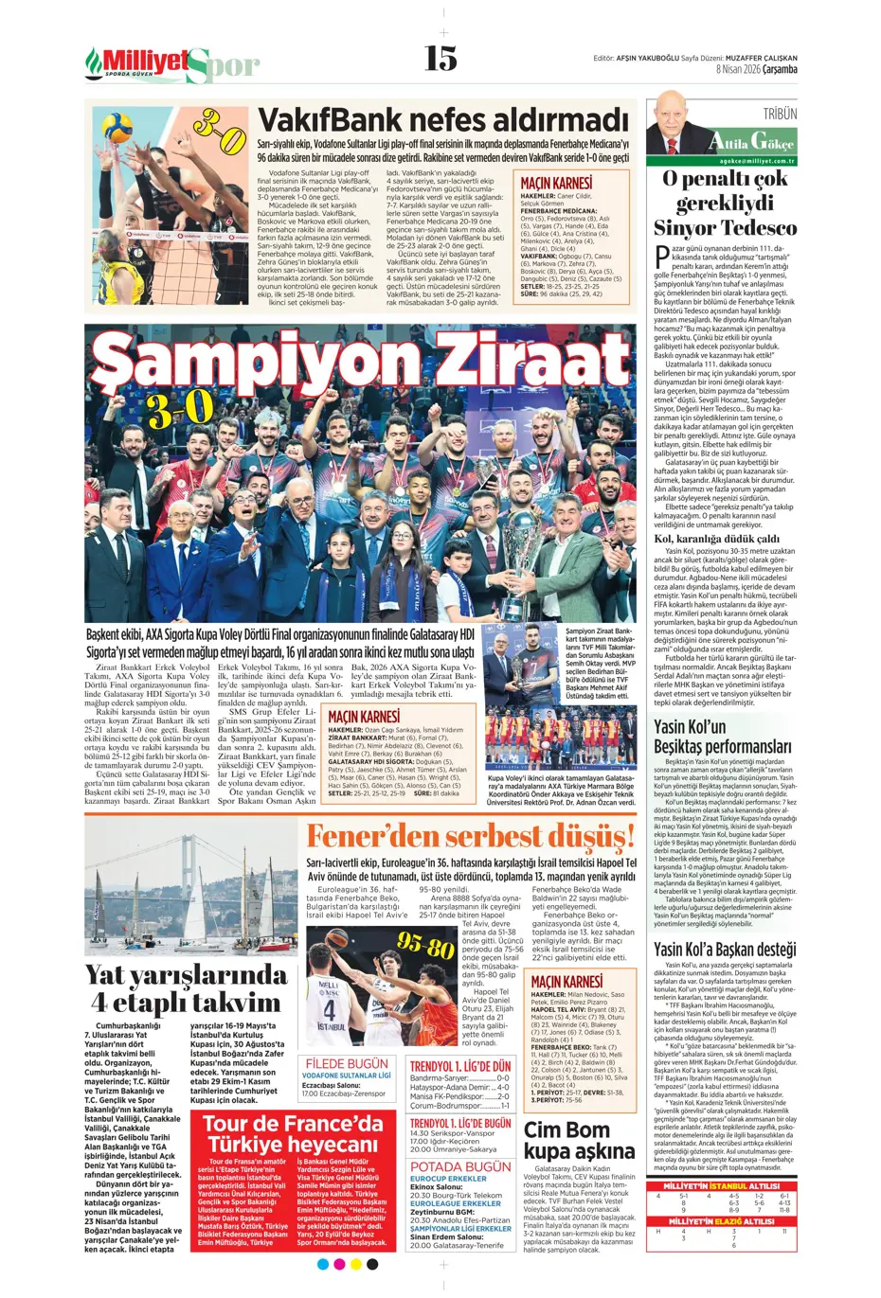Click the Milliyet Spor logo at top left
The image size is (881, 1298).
tap(171, 63)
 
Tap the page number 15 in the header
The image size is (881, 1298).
tap(440, 59)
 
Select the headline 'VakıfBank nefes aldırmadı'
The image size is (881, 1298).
tap(443, 121)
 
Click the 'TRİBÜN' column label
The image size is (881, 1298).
tap(779, 114)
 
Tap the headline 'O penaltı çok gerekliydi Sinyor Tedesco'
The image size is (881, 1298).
tap(725, 203)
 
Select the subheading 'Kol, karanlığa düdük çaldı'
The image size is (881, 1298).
tap(716, 539)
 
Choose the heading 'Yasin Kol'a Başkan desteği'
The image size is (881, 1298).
tap(725, 949)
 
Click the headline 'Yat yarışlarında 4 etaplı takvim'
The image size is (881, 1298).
tap(186, 987)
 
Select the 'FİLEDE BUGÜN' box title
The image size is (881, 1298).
tap(347, 1063)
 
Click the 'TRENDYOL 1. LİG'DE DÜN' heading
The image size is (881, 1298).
tap(459, 1066)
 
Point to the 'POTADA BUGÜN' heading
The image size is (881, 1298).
tap(459, 1166)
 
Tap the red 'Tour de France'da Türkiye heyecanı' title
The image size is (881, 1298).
tap(293, 1133)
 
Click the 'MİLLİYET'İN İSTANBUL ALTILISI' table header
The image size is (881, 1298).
tap(722, 1185)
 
